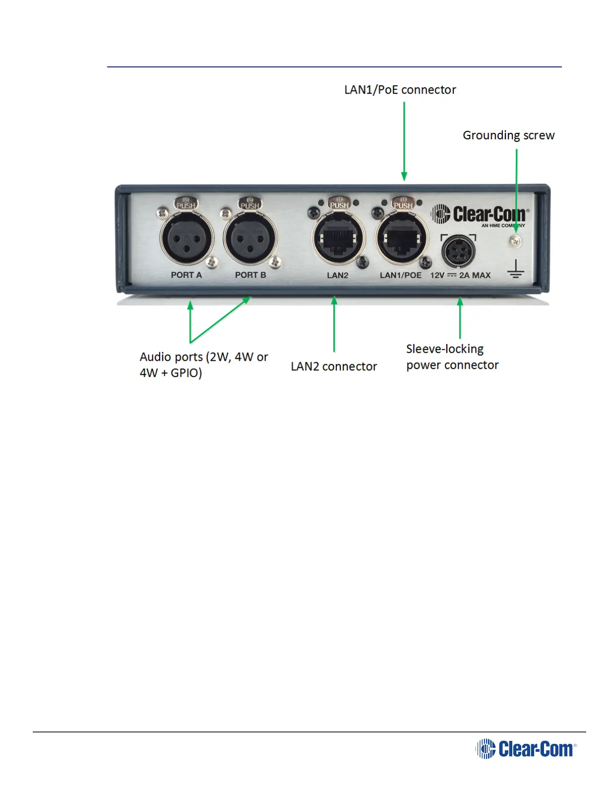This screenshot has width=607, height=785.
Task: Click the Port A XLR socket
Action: [x=187, y=238]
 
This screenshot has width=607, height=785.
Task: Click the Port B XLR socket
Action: [x=250, y=238]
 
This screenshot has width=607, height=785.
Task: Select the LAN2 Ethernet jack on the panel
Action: [x=338, y=238]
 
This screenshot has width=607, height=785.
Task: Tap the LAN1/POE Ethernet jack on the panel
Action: [x=402, y=238]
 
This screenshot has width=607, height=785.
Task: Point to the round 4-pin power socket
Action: [x=458, y=251]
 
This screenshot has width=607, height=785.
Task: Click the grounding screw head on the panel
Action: [x=516, y=241]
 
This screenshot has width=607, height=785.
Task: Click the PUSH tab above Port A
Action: [x=185, y=203]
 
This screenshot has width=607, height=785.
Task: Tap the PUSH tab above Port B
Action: [x=249, y=203]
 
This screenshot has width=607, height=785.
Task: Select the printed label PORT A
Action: [x=186, y=275]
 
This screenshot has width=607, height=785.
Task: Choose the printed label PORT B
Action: [x=250, y=275]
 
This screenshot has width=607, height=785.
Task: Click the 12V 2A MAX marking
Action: [x=460, y=275]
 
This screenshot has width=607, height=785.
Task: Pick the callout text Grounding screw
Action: [x=508, y=135]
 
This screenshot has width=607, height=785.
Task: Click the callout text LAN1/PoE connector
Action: [x=400, y=90]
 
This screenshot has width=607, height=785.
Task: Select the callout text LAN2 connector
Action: [x=334, y=366]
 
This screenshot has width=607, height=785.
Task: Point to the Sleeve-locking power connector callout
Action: [x=452, y=357]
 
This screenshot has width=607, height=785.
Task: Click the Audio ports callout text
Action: [x=204, y=365]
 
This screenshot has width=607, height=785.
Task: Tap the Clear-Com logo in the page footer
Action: [x=526, y=748]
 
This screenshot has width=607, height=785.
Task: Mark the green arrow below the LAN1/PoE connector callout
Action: [x=404, y=141]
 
